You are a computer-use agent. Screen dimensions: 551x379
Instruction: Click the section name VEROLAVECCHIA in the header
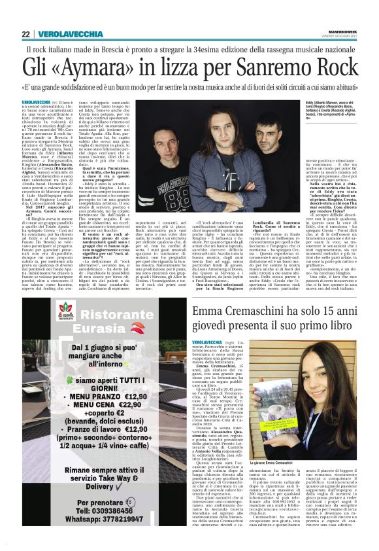tap(69, 34)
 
